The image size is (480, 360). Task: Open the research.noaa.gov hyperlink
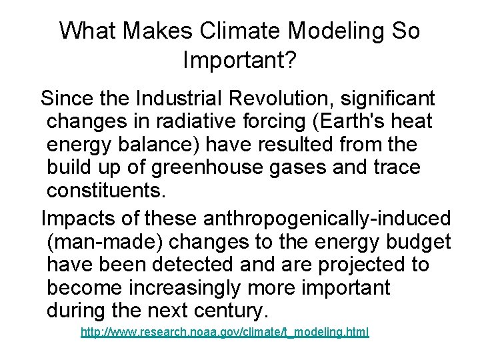click(x=224, y=331)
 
